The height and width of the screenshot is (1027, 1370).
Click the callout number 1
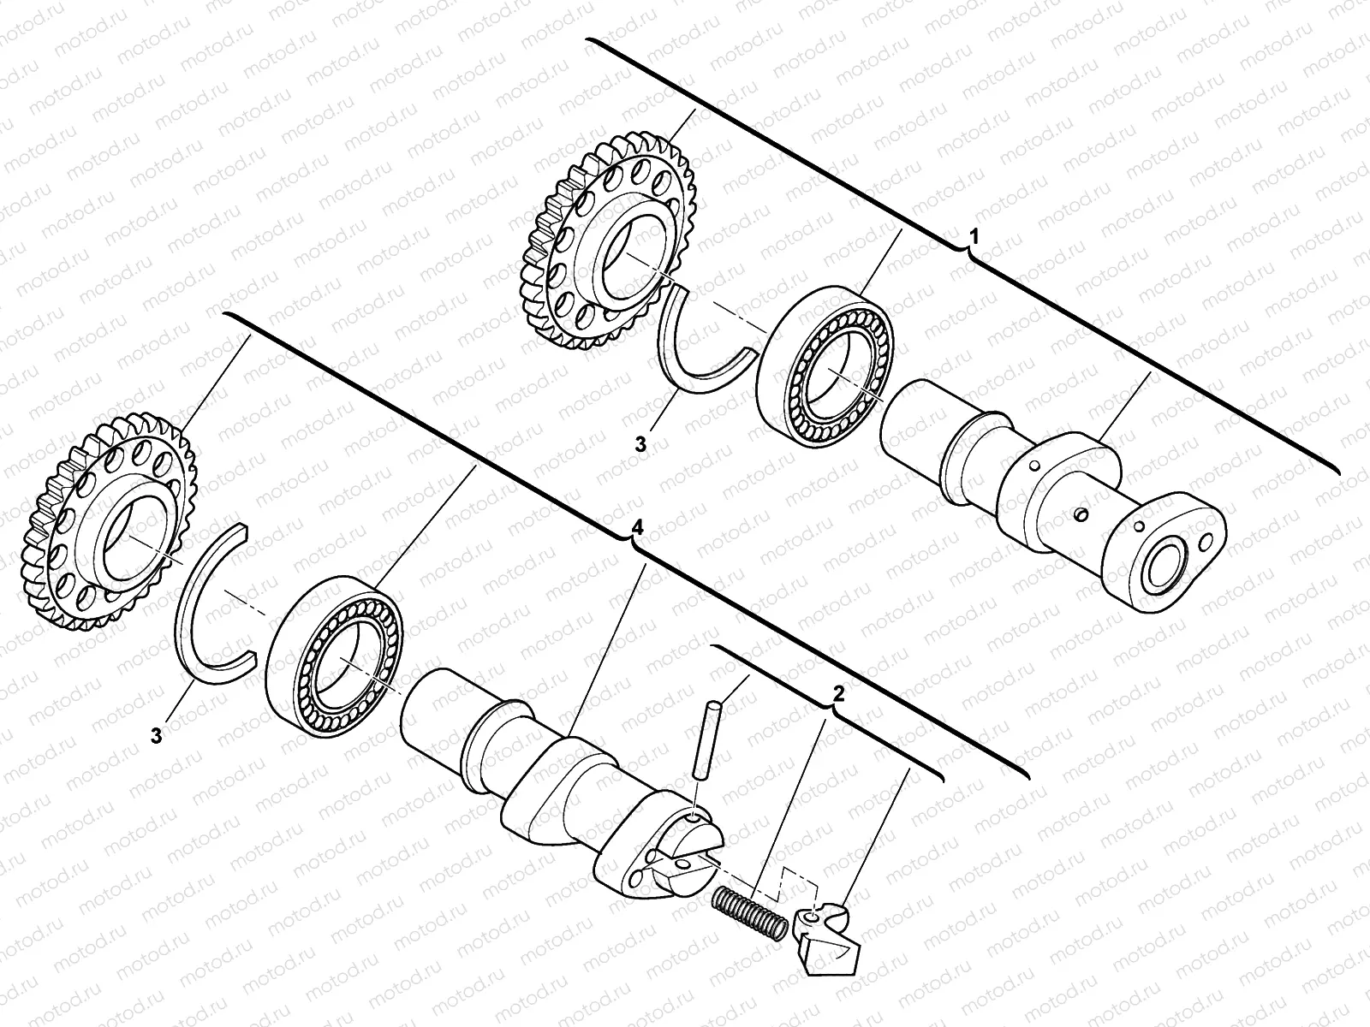pyautogui.click(x=972, y=234)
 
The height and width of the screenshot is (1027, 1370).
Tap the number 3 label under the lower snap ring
pyautogui.click(x=156, y=733)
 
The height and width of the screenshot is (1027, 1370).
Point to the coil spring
pyautogui.click(x=749, y=912)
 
